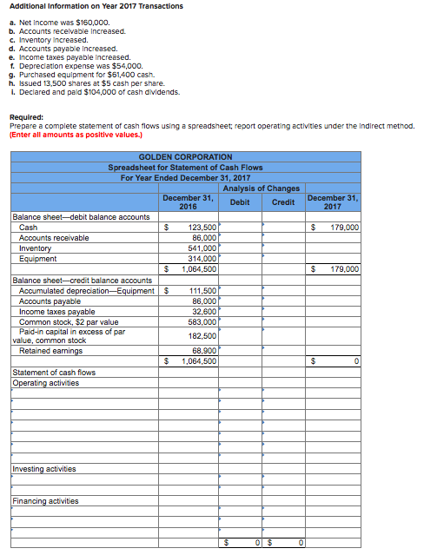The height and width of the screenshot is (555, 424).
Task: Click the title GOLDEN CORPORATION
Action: tap(185, 156)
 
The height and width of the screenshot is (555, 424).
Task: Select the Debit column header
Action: tap(239, 202)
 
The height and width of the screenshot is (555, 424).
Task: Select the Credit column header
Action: tap(282, 202)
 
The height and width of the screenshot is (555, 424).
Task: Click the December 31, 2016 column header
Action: tap(188, 202)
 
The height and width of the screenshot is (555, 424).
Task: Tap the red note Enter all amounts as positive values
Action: tap(85, 134)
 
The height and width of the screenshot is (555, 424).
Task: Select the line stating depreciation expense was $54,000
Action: tap(80, 65)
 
